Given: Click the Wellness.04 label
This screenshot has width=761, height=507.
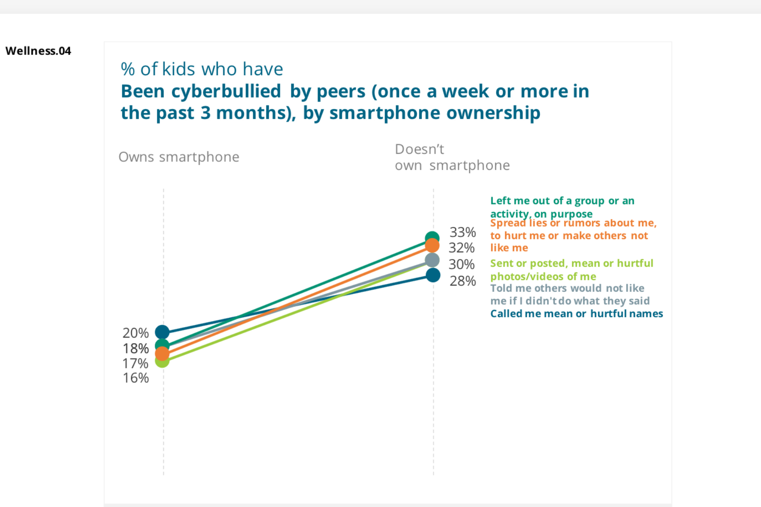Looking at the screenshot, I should (38, 51).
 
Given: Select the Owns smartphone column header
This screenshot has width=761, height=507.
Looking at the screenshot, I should (179, 157).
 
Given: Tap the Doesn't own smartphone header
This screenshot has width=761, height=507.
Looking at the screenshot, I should (452, 157).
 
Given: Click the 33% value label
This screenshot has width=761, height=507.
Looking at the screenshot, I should (463, 232).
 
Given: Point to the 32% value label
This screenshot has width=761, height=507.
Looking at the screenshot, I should (462, 248).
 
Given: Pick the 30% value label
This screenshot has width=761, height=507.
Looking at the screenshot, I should (462, 264).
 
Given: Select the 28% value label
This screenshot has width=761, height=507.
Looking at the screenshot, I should (463, 281).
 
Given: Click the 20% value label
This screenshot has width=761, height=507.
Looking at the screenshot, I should (136, 333).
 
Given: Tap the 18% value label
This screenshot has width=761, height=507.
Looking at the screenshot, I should (136, 349).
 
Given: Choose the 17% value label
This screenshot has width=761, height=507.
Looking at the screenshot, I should (135, 363).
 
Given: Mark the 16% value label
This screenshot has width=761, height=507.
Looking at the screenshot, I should (136, 378).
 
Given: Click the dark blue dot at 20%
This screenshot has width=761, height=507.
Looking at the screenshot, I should (162, 332).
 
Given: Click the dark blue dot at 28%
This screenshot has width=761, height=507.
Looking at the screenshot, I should (433, 275).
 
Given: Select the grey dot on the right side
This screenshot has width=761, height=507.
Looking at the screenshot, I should (432, 260).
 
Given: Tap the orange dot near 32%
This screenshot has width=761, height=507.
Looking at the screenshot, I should (432, 245).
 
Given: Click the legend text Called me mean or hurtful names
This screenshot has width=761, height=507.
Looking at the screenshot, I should (576, 314).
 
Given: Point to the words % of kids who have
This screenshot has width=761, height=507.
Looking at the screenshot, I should (202, 69).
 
